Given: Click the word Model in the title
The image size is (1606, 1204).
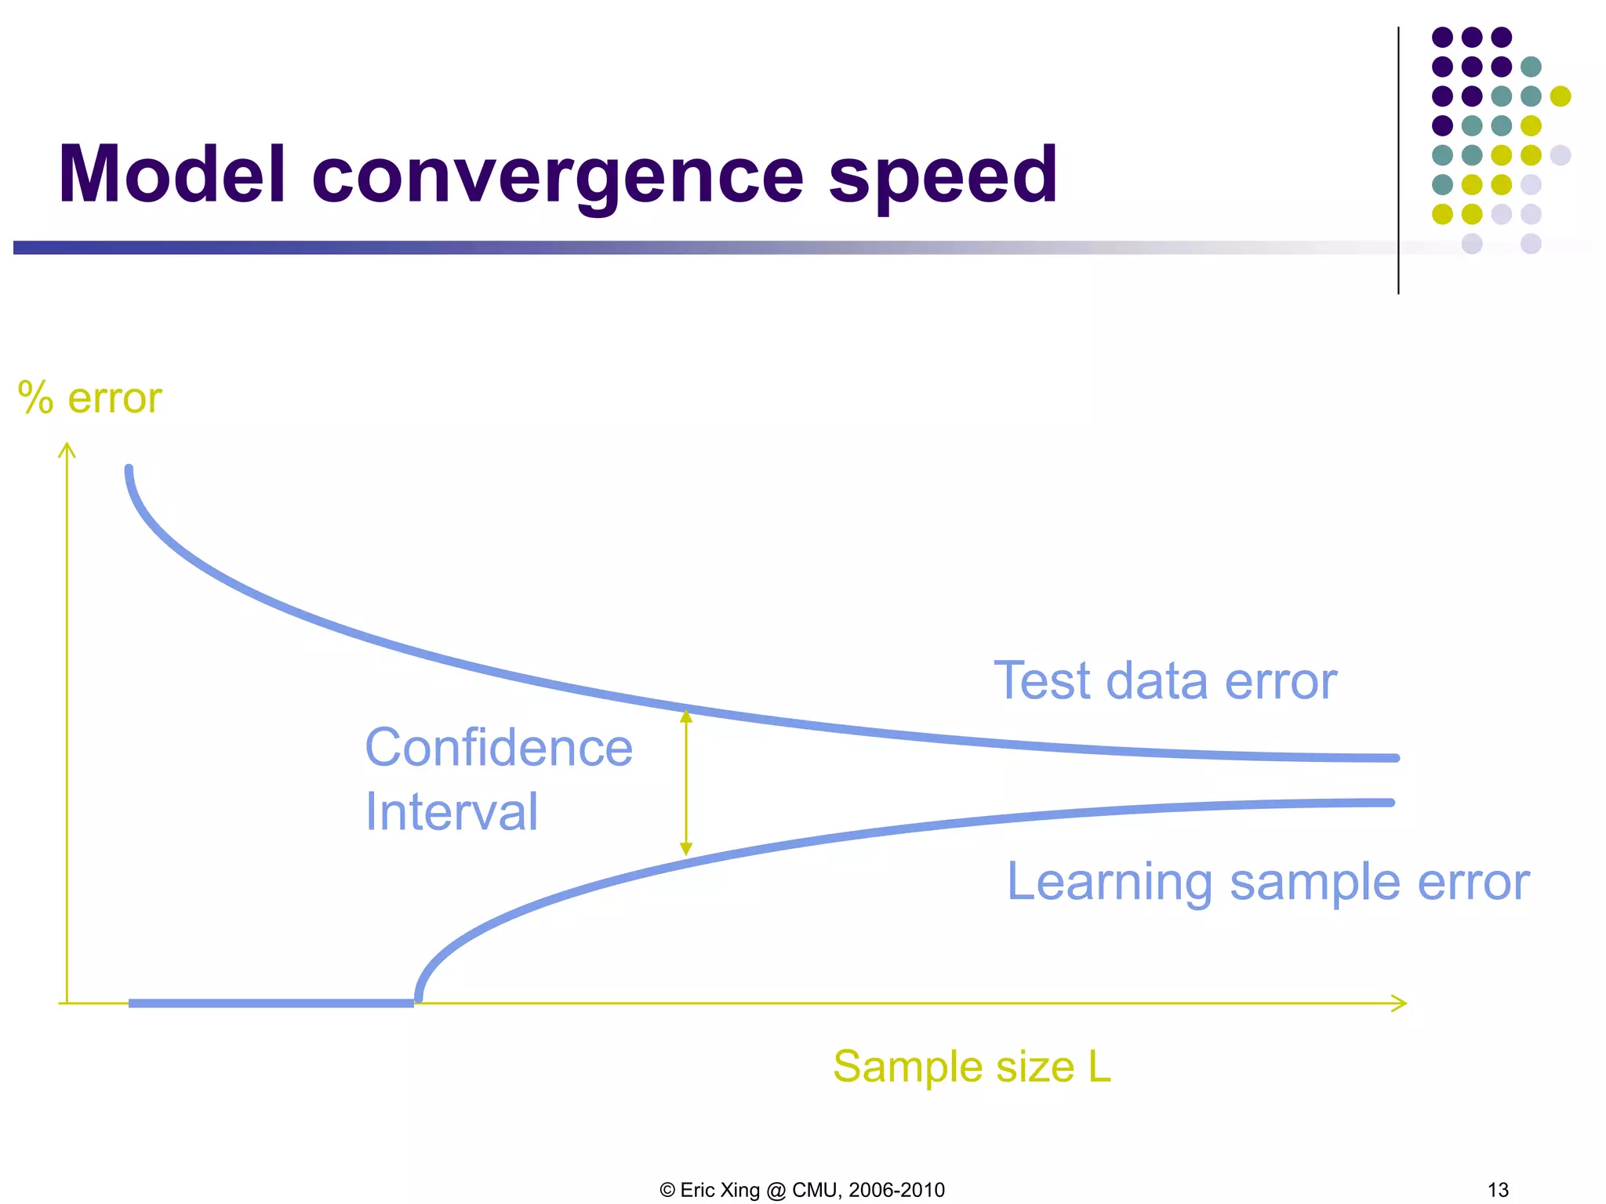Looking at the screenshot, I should click(171, 176).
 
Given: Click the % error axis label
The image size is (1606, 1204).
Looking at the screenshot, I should click(89, 398).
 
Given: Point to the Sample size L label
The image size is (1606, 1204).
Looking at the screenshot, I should click(972, 1067).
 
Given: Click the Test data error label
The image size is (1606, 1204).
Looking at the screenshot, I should click(1165, 680).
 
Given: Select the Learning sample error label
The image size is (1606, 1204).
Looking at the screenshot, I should click(1267, 882).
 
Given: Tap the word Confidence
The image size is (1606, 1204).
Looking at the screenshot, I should click(499, 748).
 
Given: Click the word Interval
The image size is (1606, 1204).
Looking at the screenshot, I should click(452, 811).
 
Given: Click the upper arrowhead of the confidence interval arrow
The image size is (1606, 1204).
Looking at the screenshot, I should click(686, 716).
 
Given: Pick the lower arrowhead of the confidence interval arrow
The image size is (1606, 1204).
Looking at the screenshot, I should click(686, 850).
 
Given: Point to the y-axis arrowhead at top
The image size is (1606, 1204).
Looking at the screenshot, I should click(67, 449).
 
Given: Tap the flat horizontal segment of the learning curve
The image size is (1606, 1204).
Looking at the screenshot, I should click(271, 1003).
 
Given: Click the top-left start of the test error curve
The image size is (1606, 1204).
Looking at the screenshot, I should click(129, 471).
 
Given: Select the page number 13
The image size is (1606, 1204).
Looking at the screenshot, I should click(1498, 1190).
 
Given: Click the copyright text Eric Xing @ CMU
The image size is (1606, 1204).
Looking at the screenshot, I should click(802, 1190).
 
